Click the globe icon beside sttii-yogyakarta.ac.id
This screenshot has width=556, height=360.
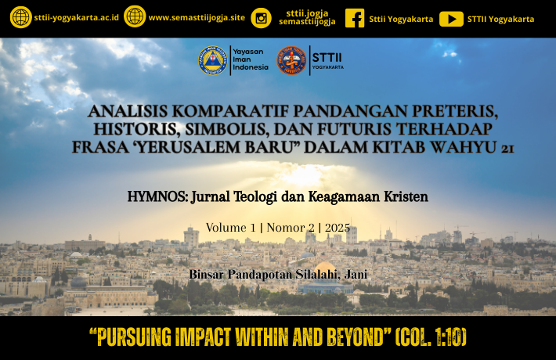click(x=20, y=17)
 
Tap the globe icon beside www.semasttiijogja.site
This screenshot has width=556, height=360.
click(x=135, y=16)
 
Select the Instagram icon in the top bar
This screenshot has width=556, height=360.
click(x=262, y=18)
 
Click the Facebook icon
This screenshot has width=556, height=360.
click(x=355, y=18)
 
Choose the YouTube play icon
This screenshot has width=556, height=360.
click(x=451, y=19)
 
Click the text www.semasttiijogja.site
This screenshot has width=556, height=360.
click(x=197, y=18)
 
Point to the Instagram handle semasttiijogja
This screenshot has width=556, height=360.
click(x=307, y=22)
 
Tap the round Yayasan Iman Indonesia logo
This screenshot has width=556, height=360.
click(x=213, y=60)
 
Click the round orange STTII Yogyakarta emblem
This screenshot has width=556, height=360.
click(x=291, y=60)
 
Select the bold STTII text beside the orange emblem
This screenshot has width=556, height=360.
click(x=327, y=57)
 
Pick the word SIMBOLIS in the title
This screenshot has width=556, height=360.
click(x=226, y=129)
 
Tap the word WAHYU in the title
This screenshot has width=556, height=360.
click(x=463, y=147)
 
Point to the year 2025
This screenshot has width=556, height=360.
click(x=338, y=228)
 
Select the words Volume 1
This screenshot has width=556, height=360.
click(x=230, y=228)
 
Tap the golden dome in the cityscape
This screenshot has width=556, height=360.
click(x=325, y=268)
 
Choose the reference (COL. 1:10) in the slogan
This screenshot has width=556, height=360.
click(x=431, y=337)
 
